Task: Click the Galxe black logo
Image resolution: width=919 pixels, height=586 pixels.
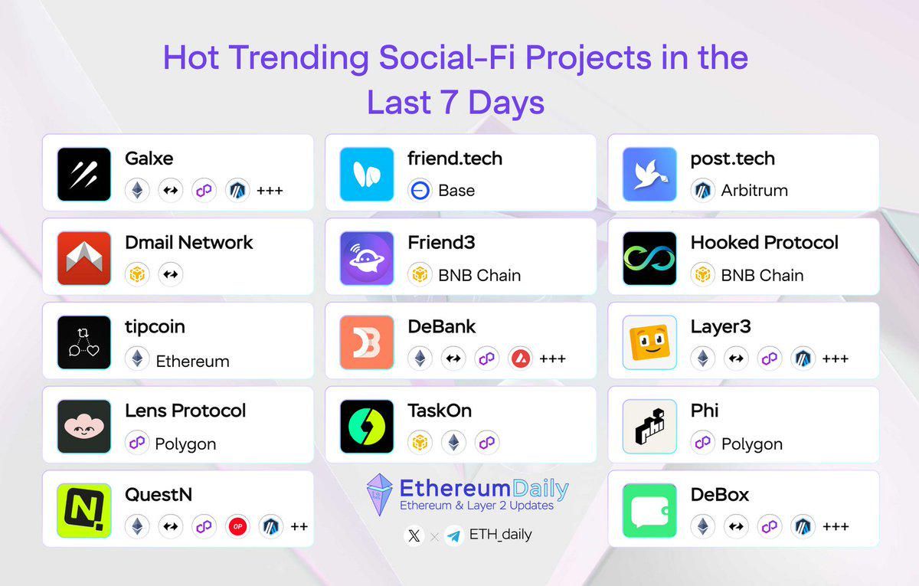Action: pos(84,175)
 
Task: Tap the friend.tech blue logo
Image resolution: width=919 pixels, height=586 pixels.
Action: pos(367,175)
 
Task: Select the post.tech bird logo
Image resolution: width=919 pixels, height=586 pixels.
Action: pos(649,175)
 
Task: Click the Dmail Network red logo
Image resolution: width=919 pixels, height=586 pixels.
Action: pos(84,259)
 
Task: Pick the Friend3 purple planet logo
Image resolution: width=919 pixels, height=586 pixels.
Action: pos(367,259)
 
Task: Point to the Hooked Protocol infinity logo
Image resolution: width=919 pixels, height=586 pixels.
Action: pos(649,259)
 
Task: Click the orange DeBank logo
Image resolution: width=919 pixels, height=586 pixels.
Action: pos(367,342)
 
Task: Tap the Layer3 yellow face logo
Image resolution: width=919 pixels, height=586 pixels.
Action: pos(649,342)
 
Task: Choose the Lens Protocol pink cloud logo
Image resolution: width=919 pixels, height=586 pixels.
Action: pos(84,427)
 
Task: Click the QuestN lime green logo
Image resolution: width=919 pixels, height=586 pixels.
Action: pos(84,510)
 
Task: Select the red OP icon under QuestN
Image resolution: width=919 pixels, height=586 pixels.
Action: pos(237,526)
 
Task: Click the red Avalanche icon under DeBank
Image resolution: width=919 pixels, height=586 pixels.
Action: pos(520,358)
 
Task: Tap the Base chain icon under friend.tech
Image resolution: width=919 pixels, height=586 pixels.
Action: pos(420,191)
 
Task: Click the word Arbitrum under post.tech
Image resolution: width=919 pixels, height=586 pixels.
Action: pos(754,191)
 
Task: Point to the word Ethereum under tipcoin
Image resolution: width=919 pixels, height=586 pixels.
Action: pos(192,362)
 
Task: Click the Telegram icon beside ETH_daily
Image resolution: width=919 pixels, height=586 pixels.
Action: pos(454,535)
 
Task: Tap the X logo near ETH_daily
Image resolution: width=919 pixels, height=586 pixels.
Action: pos(414,535)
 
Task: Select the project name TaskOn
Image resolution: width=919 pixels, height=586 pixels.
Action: pos(440,411)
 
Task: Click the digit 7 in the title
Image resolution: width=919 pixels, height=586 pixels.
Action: pos(450,102)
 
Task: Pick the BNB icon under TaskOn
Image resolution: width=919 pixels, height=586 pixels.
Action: pos(420,443)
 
